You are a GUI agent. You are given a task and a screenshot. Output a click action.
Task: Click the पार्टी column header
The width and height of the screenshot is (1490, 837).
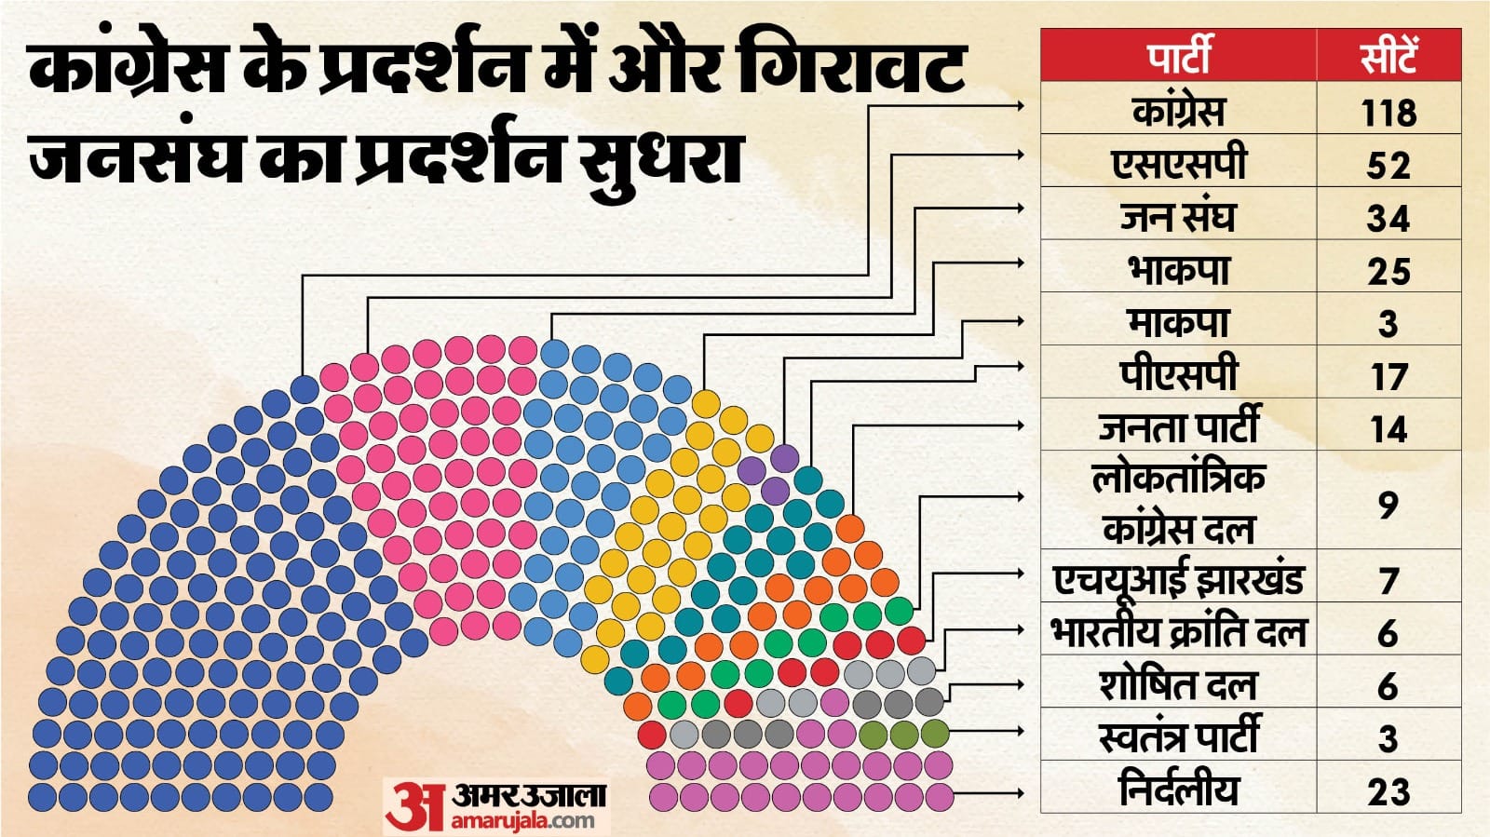pyautogui.click(x=1179, y=55)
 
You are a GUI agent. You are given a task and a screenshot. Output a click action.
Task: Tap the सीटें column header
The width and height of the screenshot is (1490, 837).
pyautogui.click(x=1388, y=57)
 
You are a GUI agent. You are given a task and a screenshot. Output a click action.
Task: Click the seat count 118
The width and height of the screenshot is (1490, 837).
pyautogui.click(x=1388, y=113)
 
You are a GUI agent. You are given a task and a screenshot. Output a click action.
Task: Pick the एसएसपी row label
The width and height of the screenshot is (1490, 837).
pyautogui.click(x=1179, y=163)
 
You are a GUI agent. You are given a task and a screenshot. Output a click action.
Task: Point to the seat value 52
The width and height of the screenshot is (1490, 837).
pyautogui.click(x=1388, y=166)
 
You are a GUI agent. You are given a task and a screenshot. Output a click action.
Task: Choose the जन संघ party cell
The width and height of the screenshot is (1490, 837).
pyautogui.click(x=1179, y=216)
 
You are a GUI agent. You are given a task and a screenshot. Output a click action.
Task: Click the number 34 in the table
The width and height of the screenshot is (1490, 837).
pyautogui.click(x=1388, y=219)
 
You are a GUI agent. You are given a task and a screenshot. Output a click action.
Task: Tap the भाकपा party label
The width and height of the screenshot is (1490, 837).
pyautogui.click(x=1179, y=269)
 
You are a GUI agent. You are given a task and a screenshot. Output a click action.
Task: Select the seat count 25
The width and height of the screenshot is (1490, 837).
pyautogui.click(x=1388, y=272)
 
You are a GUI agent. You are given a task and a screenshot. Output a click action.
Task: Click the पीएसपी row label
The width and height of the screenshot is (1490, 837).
pyautogui.click(x=1179, y=374)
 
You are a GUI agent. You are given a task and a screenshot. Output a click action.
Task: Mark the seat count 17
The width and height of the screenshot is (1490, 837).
pyautogui.click(x=1388, y=377)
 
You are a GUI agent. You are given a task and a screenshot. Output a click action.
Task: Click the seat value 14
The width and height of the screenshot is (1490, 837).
pyautogui.click(x=1388, y=429)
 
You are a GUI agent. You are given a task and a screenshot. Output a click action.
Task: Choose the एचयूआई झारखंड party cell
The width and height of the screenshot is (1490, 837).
pyautogui.click(x=1179, y=578)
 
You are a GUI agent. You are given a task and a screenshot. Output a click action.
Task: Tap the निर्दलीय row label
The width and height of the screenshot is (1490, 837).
pyautogui.click(x=1179, y=790)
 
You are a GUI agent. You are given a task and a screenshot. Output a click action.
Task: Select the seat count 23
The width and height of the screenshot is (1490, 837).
pyautogui.click(x=1388, y=792)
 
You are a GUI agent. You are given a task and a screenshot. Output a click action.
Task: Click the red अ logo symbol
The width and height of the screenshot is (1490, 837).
pyautogui.click(x=415, y=805)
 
